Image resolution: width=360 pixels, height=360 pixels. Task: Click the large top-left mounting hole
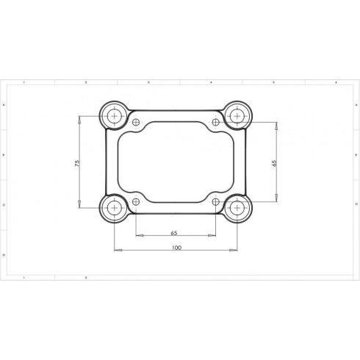(115, 115)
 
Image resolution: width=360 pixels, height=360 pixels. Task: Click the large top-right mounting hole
(237, 115)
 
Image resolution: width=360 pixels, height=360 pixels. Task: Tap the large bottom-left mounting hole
(115, 209)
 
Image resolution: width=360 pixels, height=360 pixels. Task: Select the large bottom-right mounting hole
(237, 209)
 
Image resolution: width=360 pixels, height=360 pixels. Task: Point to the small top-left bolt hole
(137, 122)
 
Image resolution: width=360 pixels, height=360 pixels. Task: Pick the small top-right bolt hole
(215, 122)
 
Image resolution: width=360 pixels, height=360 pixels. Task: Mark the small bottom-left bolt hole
(137, 201)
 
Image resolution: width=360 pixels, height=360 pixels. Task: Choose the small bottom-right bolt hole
(215, 201)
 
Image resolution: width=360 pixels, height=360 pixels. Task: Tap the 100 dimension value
(176, 248)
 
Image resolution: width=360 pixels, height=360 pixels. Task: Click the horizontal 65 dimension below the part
(174, 233)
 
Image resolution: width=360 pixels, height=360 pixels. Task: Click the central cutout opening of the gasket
(176, 162)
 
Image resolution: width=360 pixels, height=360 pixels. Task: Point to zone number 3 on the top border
(148, 84)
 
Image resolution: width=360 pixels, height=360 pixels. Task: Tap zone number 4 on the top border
(211, 84)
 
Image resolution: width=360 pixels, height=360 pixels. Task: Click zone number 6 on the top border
(334, 84)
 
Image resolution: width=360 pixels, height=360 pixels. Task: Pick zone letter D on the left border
(5, 254)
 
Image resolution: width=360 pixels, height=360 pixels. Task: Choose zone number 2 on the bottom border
(86, 278)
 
